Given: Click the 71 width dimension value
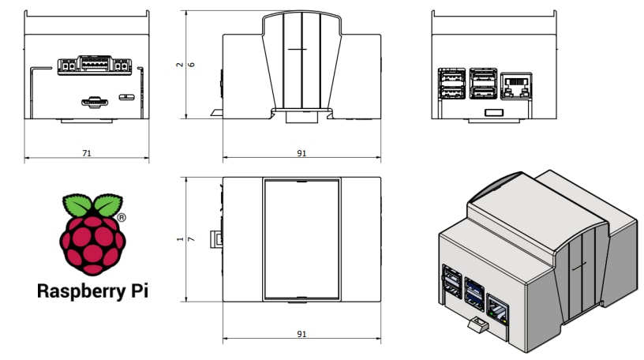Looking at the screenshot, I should click(x=86, y=153).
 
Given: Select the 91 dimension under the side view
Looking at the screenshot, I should click(x=301, y=153).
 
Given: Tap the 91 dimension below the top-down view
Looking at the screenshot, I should click(x=301, y=335).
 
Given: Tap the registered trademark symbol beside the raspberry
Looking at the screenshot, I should click(x=121, y=216).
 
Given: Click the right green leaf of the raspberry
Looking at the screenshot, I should click(x=105, y=205).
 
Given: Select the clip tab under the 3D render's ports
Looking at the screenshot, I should click(x=476, y=324).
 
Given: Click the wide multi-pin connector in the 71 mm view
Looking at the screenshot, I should click(x=93, y=65).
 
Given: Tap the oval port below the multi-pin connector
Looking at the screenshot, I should click(x=95, y=101).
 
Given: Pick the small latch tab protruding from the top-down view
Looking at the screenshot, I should click(x=214, y=239).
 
